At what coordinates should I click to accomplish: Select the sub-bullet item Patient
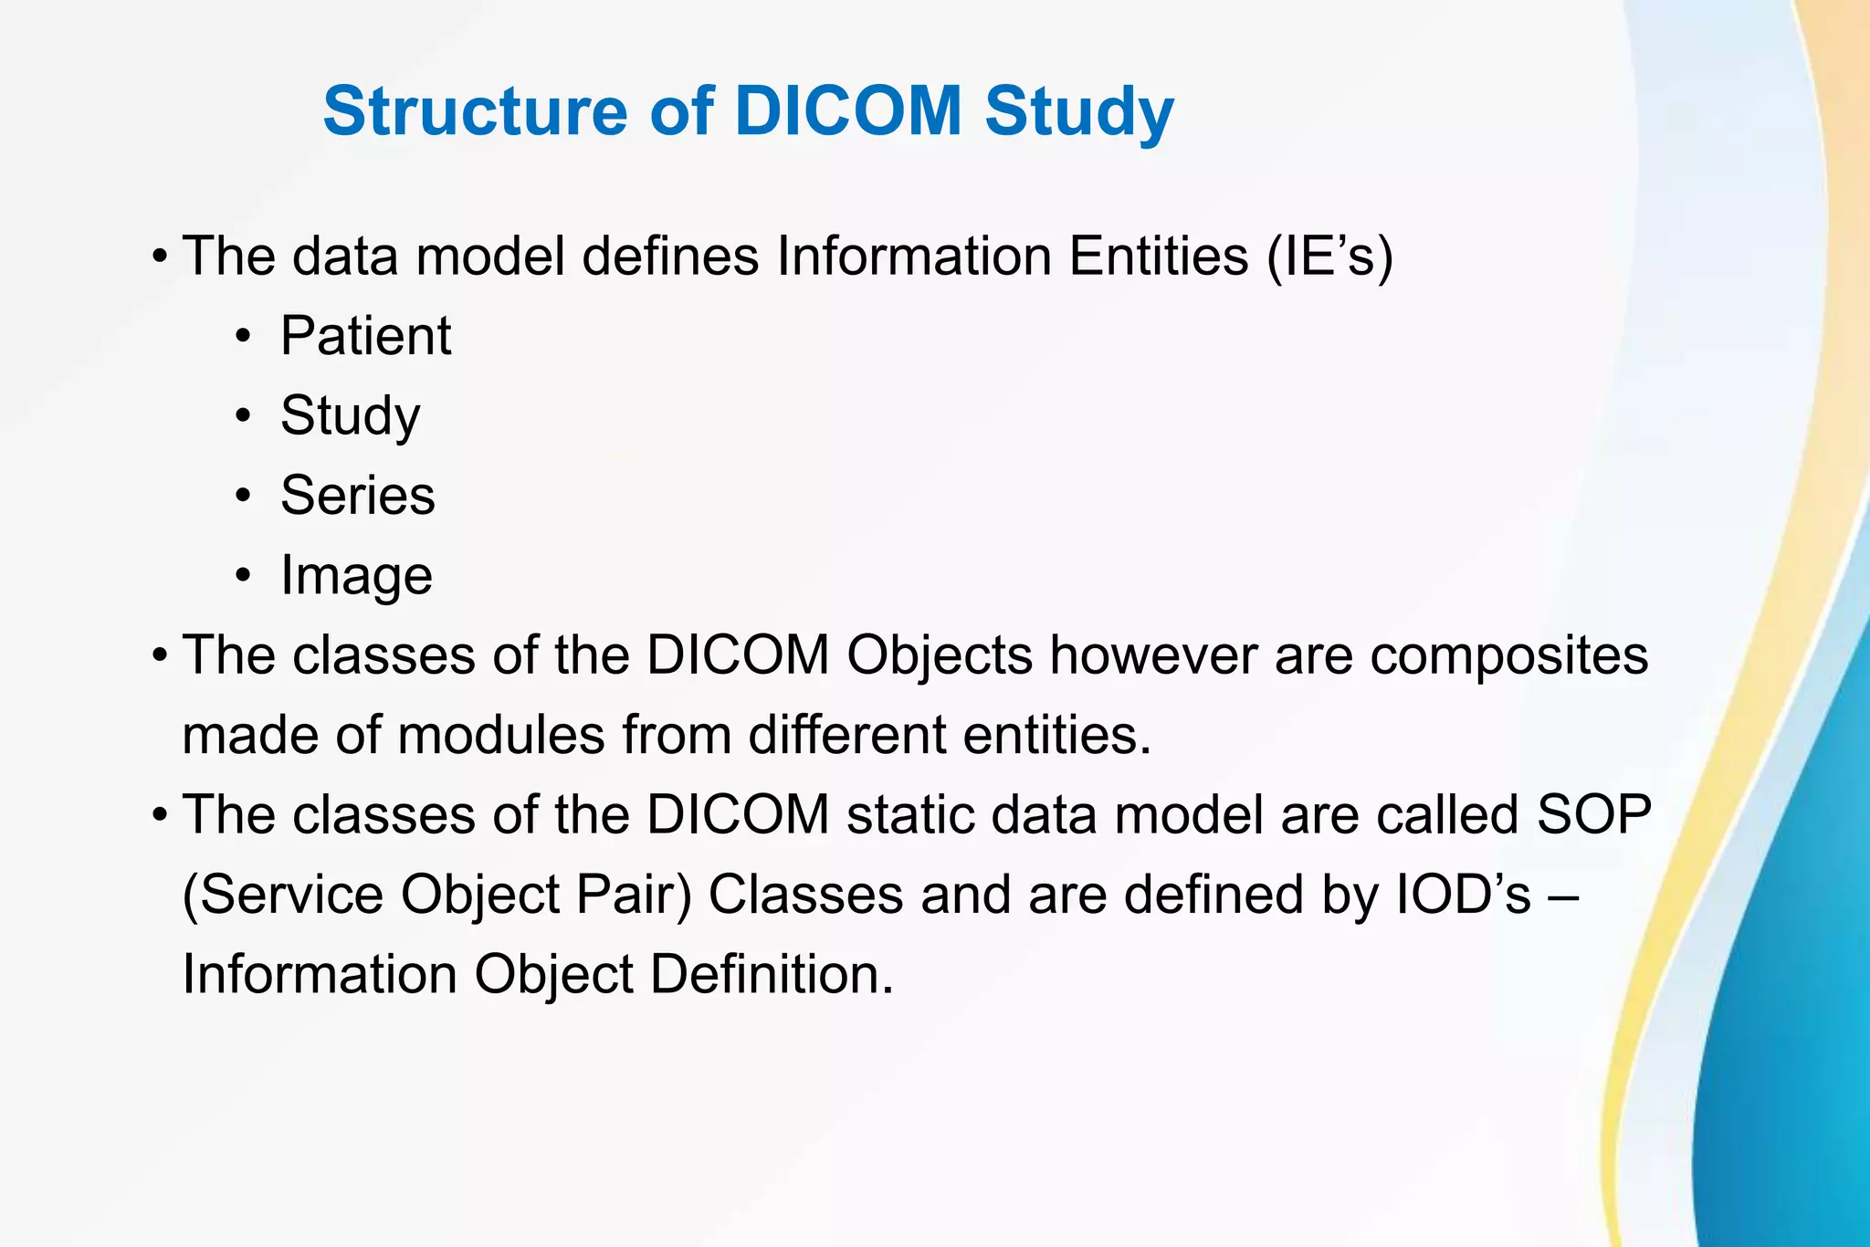[x=365, y=336]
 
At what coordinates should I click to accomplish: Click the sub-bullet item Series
[x=357, y=496]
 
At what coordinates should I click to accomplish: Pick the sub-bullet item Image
[x=356, y=576]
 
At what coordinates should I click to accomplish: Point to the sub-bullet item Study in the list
[x=350, y=416]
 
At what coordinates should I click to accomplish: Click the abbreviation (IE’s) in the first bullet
[x=1329, y=257]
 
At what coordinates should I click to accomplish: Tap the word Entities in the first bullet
[x=1158, y=257]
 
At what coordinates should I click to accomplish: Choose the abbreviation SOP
[x=1593, y=814]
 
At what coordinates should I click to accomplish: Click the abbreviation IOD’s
[x=1464, y=895]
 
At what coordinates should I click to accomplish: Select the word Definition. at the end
[x=772, y=974]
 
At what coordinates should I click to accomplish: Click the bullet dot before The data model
[x=160, y=257]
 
